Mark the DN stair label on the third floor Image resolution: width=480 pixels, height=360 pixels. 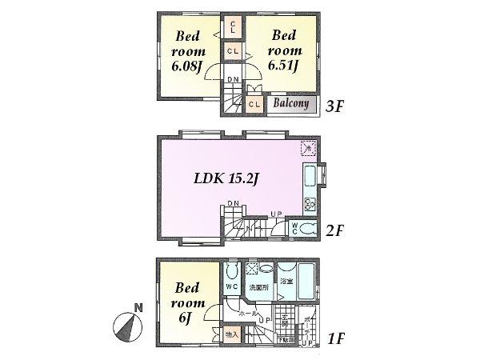[232, 78]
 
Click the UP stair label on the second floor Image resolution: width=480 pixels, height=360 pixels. [275, 214]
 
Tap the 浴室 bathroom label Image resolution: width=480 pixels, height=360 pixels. [286, 282]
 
